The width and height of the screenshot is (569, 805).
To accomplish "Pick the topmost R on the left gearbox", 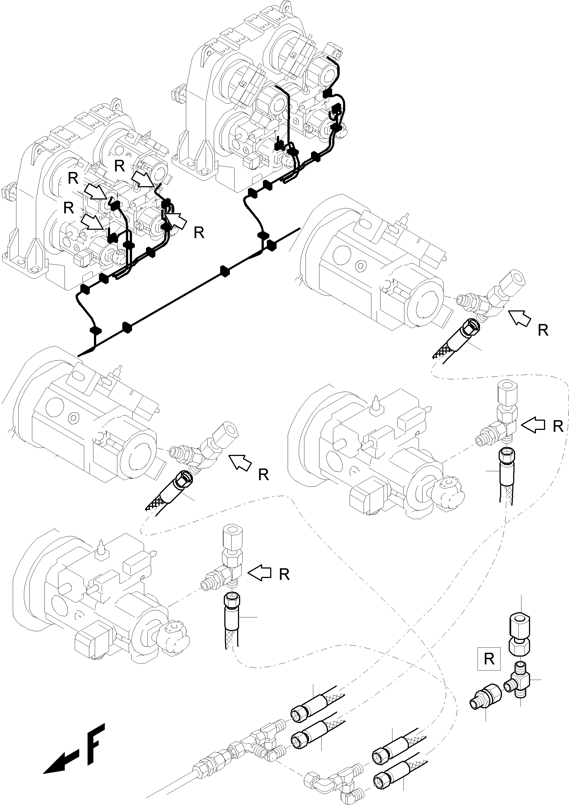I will [x=120, y=166].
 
